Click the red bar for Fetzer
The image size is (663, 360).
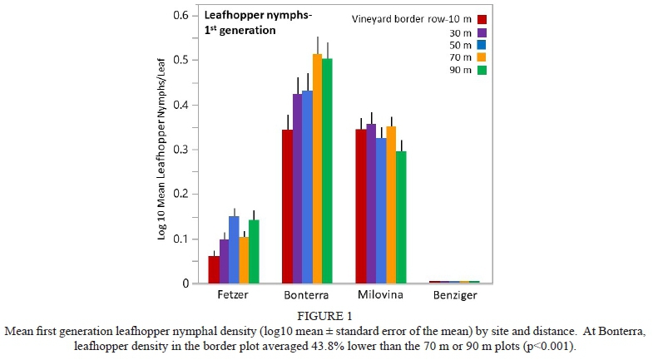214,269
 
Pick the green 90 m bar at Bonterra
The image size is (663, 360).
326,171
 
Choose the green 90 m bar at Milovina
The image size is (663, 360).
401,217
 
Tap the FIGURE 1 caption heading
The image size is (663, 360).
331,315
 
